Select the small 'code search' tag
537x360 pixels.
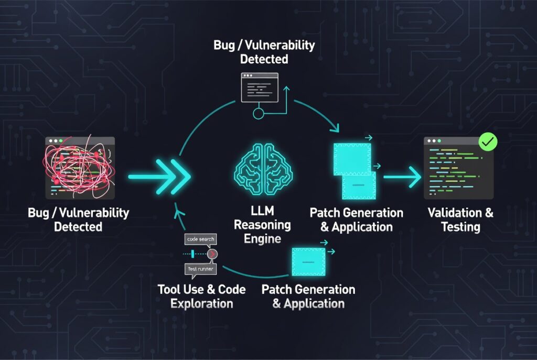201,239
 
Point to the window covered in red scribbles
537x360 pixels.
80,168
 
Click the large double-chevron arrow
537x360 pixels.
157,177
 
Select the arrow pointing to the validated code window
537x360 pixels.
403,177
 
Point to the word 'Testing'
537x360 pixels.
461,227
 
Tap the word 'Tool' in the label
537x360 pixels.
169,289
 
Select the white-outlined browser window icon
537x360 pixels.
259,87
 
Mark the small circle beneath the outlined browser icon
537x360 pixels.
257,113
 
